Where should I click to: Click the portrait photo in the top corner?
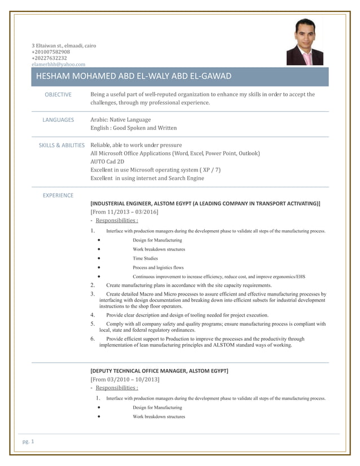305,42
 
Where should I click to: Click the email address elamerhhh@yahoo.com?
58,64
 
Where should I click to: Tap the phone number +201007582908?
51,52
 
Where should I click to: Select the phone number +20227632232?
49,58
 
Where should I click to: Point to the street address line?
64,46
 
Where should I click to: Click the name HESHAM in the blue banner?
55,77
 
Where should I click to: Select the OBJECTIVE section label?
58,95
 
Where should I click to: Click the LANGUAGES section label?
58,120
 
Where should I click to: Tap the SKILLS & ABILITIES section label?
62,145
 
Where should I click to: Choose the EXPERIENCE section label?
58,195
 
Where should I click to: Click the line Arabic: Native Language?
121,120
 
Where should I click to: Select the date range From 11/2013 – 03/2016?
125,212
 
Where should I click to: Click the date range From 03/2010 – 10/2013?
125,379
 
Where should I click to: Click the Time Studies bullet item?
145,258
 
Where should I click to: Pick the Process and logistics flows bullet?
158,267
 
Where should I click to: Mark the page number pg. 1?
28,441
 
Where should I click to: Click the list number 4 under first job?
93,315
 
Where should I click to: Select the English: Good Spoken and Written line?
134,128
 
